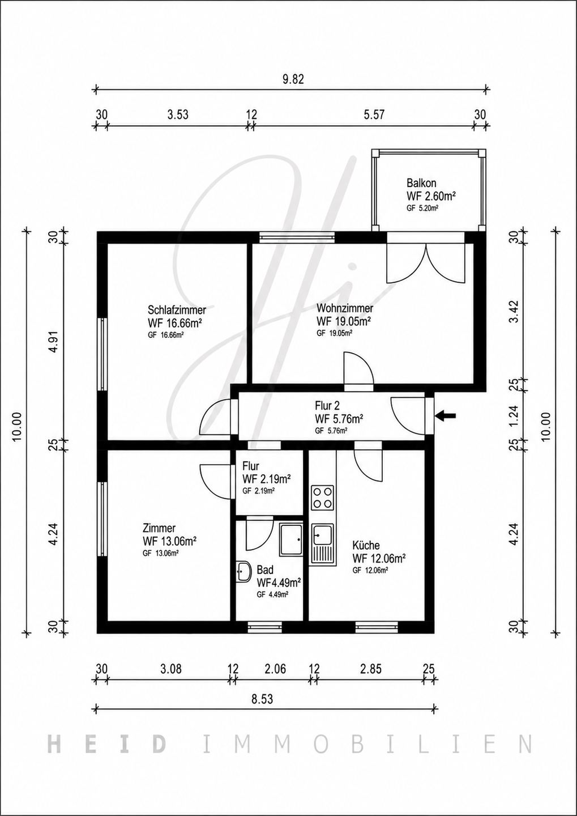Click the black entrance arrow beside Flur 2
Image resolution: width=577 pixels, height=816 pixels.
tap(445, 415)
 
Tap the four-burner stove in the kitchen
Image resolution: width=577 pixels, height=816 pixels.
tap(323, 498)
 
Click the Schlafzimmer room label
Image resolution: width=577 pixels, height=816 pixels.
tap(177, 310)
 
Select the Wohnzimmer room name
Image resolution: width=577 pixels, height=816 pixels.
tap(345, 308)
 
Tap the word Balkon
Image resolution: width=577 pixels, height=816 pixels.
tap(421, 182)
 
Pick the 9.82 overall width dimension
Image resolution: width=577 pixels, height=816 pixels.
tap(293, 79)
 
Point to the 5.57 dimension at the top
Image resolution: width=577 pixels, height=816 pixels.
tap(374, 115)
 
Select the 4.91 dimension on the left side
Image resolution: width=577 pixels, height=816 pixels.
tap(54, 343)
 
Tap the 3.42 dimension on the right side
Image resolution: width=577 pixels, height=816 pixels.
tap(514, 312)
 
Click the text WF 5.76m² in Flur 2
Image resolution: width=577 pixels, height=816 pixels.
tap(339, 419)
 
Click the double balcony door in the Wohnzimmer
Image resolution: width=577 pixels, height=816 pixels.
tap(426, 262)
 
